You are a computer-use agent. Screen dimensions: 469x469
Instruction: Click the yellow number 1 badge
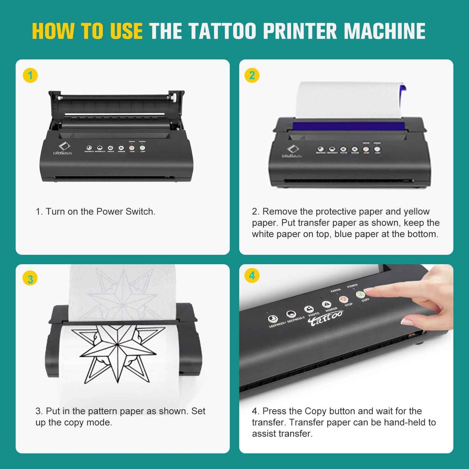30,76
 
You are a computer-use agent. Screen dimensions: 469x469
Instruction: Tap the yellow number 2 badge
252,76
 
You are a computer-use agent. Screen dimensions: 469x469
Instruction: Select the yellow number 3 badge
30,279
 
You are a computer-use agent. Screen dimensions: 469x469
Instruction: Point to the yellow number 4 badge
252,276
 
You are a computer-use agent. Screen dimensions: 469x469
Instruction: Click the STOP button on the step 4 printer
343,300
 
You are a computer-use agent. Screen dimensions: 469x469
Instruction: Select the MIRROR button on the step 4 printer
326,304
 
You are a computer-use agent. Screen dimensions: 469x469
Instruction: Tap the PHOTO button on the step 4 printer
309,309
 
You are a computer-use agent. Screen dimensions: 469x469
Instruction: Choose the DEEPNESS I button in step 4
273,319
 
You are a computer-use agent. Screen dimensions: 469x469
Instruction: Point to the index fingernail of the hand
368,290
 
